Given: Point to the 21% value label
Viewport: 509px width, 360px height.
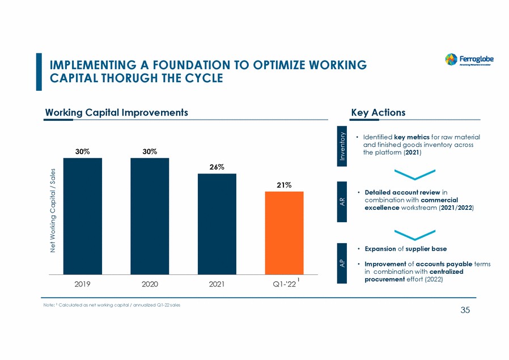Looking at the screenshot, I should click(284, 185).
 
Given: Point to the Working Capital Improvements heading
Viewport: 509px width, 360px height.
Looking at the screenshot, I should click(116, 112).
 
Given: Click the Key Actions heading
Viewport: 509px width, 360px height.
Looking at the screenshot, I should click(378, 112).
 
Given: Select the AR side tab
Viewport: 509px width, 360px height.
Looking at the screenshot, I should click(342, 201).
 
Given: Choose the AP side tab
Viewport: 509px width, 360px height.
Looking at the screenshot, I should click(342, 263).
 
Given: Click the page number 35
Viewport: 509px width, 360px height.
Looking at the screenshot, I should click(466, 310).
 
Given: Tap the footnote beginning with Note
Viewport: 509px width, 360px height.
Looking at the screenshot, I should click(113, 306).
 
